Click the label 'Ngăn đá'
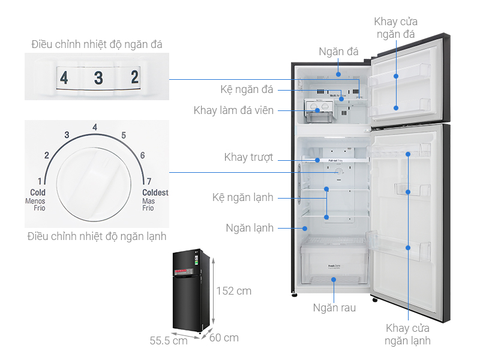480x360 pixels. [x=338, y=52]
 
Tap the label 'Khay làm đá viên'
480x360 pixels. [x=233, y=110]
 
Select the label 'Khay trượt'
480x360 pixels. [x=248, y=158]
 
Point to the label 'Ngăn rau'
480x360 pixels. [x=334, y=308]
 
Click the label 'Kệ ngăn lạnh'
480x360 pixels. [x=243, y=197]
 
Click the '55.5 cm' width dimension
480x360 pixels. [x=169, y=340]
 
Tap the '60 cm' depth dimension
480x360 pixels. [x=224, y=338]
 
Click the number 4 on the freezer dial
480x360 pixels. [x=64, y=77]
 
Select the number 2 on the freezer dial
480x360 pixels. [x=134, y=77]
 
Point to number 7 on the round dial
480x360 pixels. [x=148, y=181]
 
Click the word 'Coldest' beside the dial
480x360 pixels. [x=155, y=193]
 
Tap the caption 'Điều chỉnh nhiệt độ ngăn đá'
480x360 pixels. [x=97, y=44]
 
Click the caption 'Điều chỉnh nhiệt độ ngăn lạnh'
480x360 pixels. [x=97, y=236]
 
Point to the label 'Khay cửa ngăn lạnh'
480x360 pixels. [x=409, y=334]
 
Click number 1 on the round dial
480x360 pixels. [x=40, y=181]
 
